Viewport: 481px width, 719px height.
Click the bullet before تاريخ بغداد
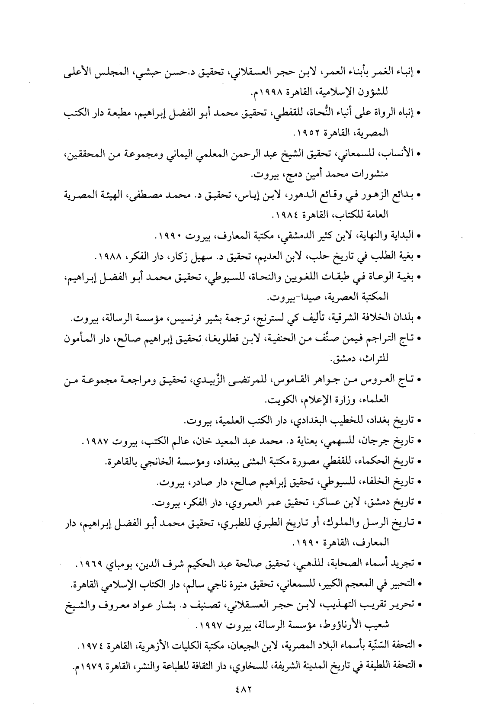tap(418, 421)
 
